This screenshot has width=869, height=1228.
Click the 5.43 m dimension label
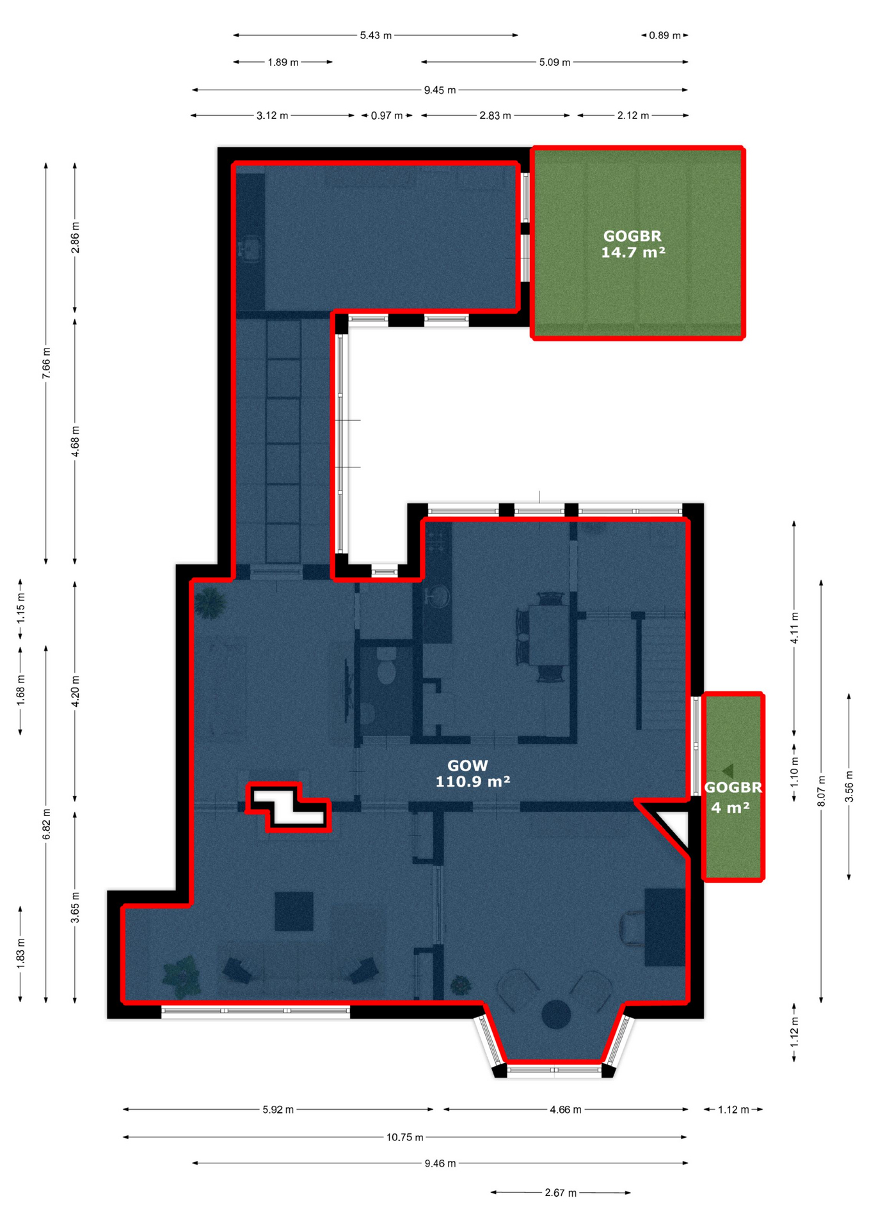[x=376, y=35]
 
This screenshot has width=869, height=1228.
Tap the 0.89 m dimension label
[x=665, y=35]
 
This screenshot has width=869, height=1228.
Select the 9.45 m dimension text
[x=440, y=90]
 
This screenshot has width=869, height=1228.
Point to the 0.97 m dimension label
[x=387, y=116]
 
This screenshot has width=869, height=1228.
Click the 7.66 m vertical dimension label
[x=46, y=363]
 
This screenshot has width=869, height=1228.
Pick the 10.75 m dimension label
[x=404, y=1137]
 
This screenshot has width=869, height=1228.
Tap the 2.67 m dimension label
[x=561, y=1193]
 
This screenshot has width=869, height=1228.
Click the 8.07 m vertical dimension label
[x=822, y=791]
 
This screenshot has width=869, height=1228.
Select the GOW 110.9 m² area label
[x=472, y=773]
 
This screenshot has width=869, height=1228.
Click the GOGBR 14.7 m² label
[x=633, y=244]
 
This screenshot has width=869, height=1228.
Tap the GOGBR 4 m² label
[x=733, y=798]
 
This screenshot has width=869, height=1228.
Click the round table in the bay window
[x=556, y=1014]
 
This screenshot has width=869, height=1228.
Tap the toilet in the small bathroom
[x=386, y=666]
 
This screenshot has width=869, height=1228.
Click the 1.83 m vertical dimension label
[x=20, y=952]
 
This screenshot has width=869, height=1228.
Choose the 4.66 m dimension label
[x=566, y=1110]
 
